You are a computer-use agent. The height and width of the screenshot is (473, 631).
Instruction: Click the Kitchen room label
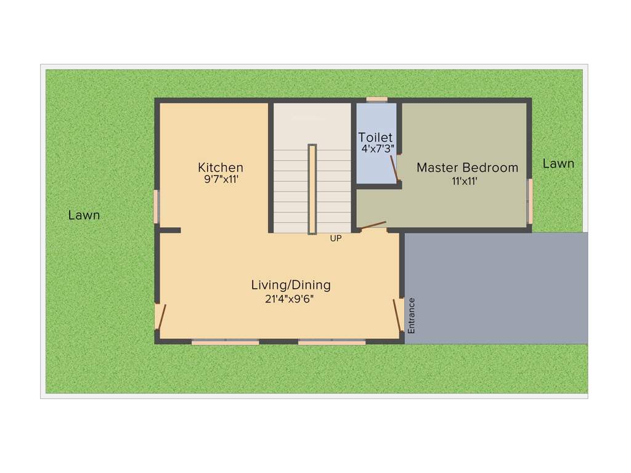click(x=221, y=167)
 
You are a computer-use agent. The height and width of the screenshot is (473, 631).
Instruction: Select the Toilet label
click(x=375, y=137)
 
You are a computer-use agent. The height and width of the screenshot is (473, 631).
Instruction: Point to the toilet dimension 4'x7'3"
click(x=378, y=148)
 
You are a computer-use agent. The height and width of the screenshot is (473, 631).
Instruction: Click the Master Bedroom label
click(x=467, y=168)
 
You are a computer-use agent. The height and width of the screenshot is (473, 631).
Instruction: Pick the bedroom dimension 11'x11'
click(x=465, y=181)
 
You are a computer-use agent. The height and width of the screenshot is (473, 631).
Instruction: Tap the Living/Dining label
click(x=291, y=285)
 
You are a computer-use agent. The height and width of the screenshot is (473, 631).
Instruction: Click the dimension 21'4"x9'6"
click(x=290, y=299)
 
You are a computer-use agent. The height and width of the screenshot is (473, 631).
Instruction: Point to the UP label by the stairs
click(x=335, y=238)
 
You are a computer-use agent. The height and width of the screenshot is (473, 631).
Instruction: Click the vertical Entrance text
click(x=412, y=316)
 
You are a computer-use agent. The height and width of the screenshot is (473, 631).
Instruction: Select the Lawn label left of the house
click(x=84, y=216)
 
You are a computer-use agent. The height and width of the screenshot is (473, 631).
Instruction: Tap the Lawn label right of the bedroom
click(x=558, y=164)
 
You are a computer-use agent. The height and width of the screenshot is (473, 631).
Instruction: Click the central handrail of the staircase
click(x=312, y=188)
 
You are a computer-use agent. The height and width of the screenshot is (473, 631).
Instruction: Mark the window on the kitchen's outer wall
click(x=157, y=206)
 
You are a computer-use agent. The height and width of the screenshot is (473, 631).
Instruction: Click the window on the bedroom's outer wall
click(x=529, y=201)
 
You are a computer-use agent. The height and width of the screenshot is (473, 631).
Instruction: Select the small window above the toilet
click(x=377, y=99)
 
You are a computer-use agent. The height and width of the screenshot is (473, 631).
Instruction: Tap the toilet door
click(x=394, y=168)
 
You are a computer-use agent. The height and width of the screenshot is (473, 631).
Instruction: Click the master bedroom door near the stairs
click(x=373, y=225)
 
